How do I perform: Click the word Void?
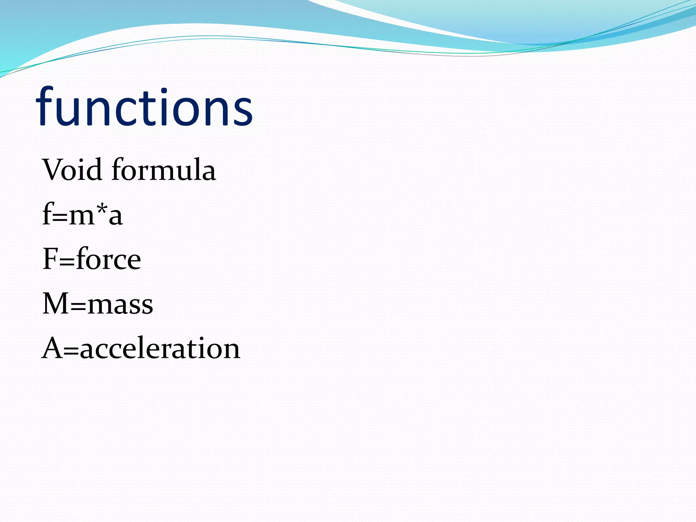[72, 170]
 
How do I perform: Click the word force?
[109, 259]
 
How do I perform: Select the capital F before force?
[50, 259]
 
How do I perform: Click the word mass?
[120, 304]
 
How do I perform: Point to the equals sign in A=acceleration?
[71, 351]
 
